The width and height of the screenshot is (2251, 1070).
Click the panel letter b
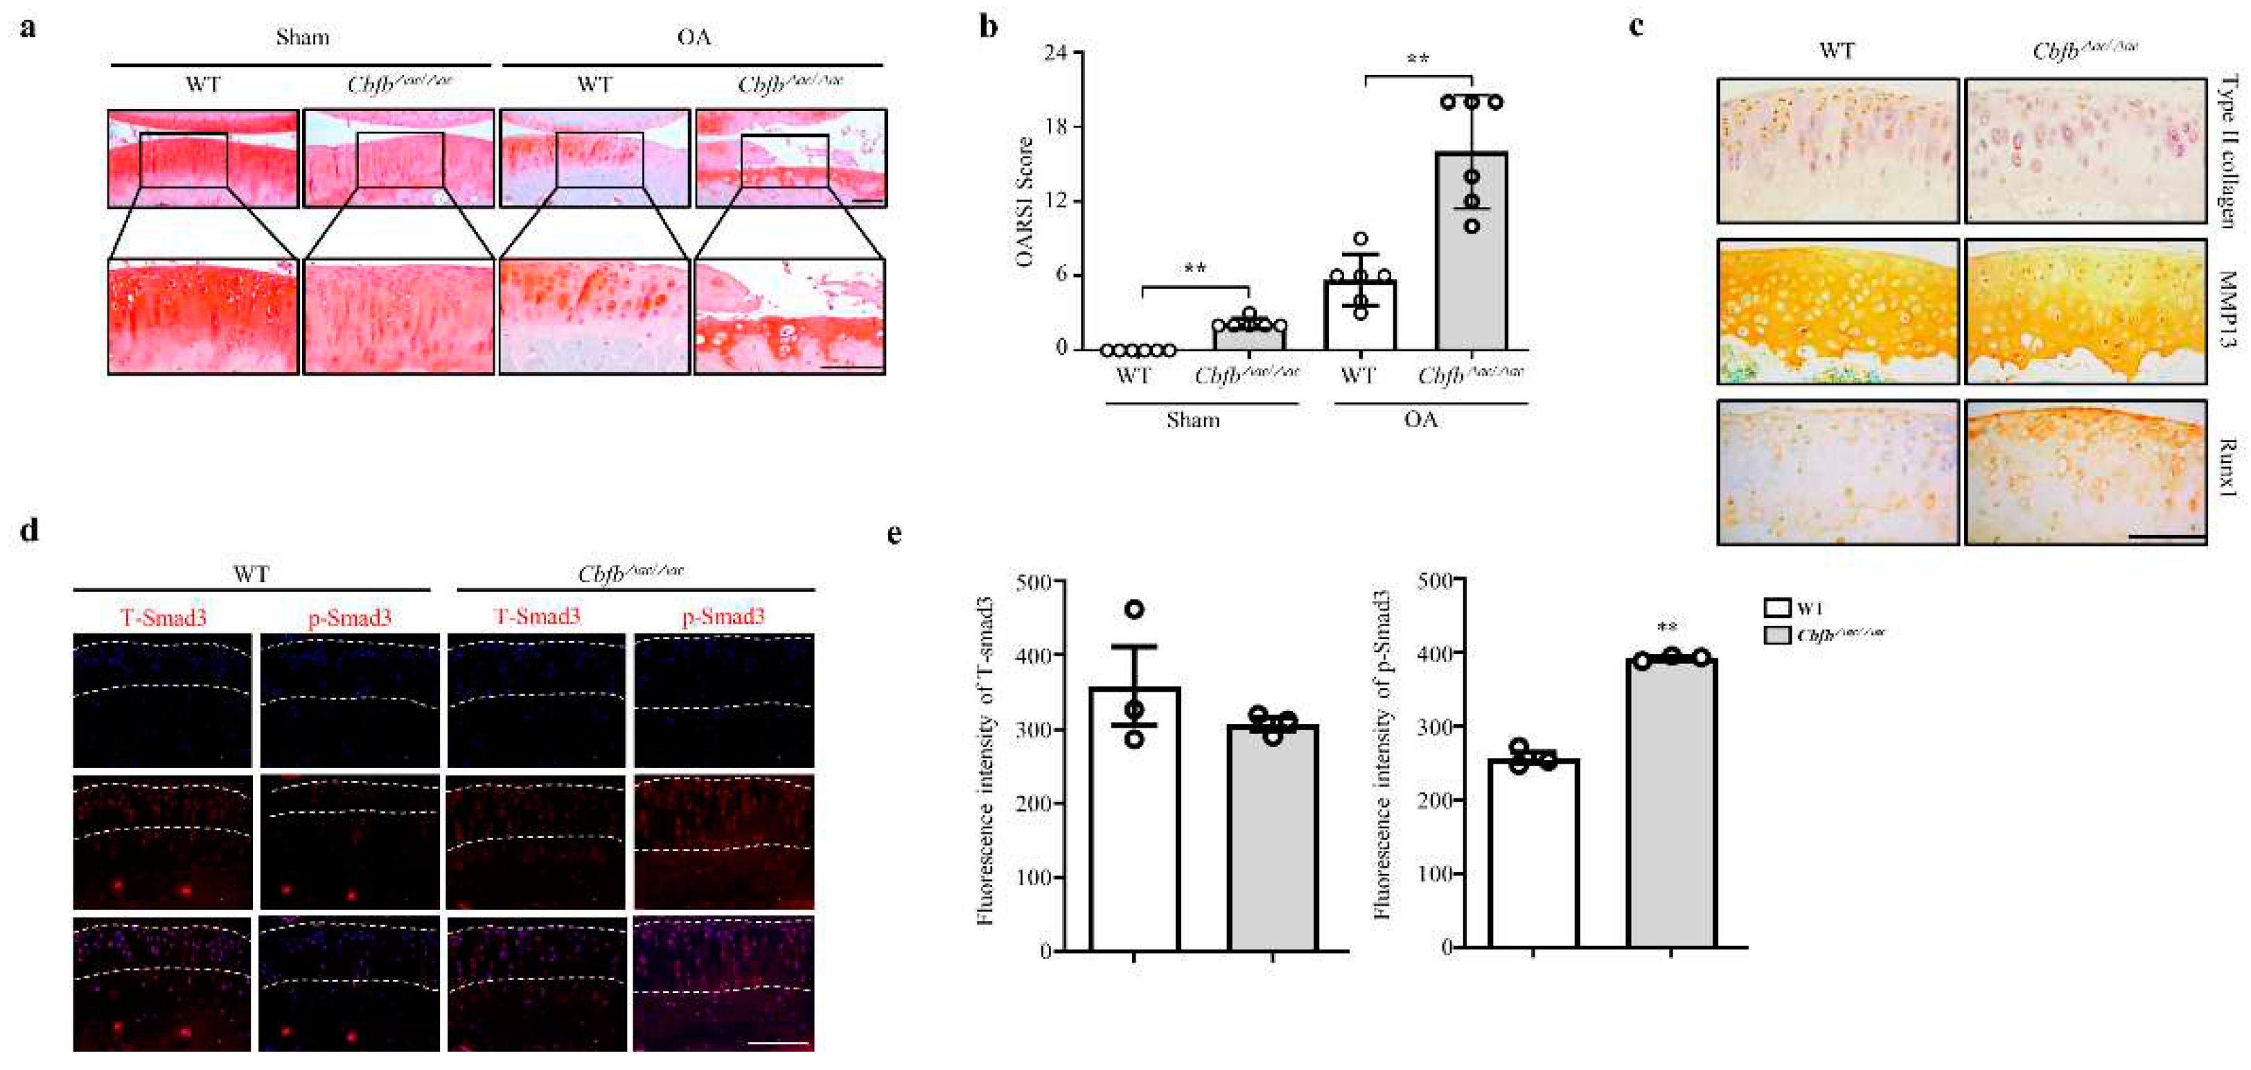point(988,27)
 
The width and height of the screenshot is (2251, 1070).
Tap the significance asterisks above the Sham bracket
point(1195,268)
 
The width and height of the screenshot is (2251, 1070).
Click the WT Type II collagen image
point(1837,151)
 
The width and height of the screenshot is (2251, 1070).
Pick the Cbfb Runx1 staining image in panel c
point(2085,472)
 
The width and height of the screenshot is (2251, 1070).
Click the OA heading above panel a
point(694,37)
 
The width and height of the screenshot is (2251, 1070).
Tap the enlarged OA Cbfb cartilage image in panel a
point(789,317)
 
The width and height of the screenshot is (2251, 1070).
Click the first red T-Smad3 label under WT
point(164,618)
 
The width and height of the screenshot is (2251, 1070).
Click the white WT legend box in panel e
point(1776,608)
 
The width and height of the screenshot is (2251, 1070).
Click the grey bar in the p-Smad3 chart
point(1672,805)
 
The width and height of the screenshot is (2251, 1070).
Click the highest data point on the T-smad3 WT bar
point(1134,609)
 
